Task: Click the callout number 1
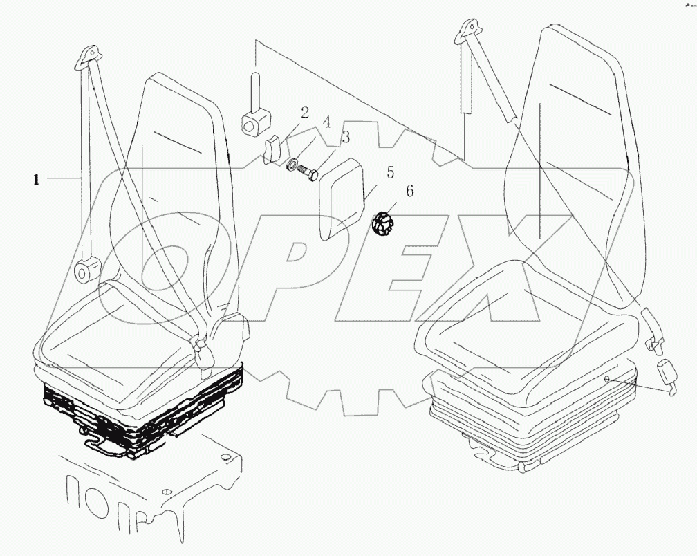point(35,180)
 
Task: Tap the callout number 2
point(304,113)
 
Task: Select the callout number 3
point(345,138)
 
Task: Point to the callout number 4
point(326,123)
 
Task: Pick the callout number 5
point(390,172)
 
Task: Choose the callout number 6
point(409,192)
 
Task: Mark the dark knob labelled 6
point(381,223)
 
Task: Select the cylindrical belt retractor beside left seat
point(86,271)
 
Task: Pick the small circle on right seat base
point(606,379)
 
